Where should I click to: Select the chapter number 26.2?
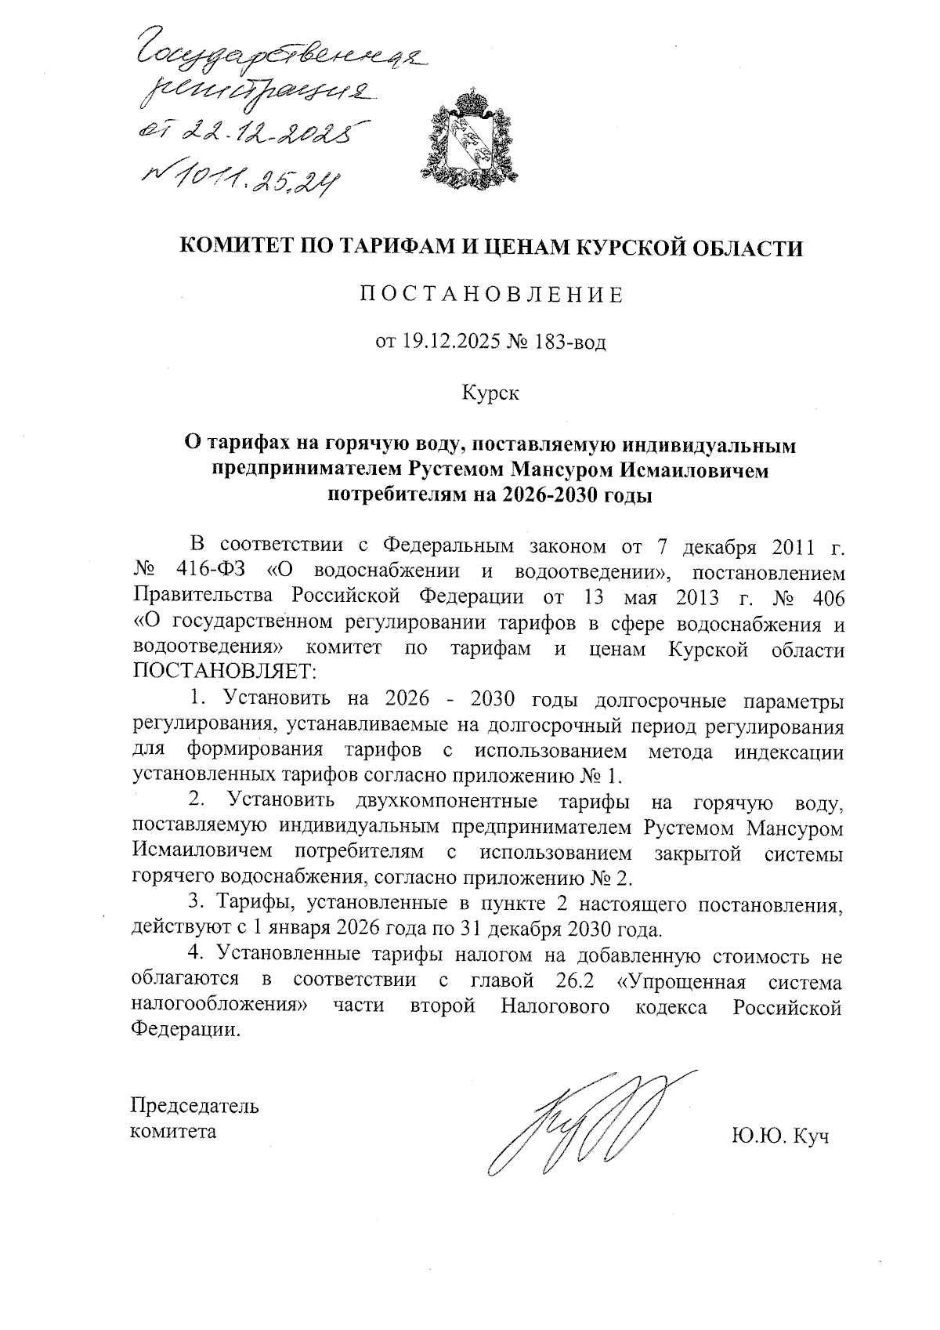pyautogui.click(x=568, y=982)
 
